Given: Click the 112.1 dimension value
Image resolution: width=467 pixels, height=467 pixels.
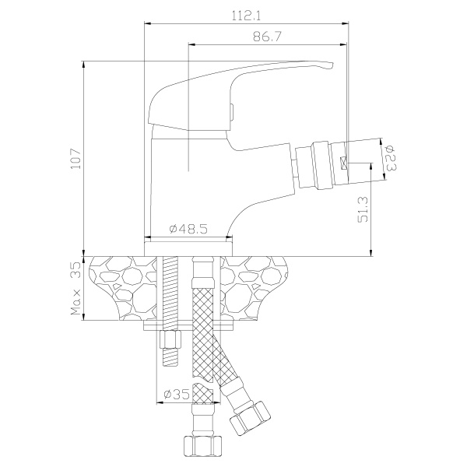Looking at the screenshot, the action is tap(246, 16).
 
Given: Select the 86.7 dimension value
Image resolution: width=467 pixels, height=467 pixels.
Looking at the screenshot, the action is tap(267, 37).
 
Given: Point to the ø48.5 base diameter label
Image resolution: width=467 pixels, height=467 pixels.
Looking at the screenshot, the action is tap(188, 229).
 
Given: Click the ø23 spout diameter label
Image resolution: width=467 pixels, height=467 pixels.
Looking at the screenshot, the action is tap(391, 158).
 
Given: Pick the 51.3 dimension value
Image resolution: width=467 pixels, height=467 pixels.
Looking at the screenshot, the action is tap(363, 209).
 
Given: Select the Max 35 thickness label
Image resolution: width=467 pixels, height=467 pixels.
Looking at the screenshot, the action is tap(75, 289).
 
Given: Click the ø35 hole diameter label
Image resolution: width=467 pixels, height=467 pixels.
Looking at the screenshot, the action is tap(177, 395).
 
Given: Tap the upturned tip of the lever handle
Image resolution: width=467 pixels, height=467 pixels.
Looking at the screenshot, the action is tap(332, 65).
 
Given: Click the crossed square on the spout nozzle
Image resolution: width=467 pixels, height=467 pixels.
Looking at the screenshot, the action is tap(344, 163).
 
